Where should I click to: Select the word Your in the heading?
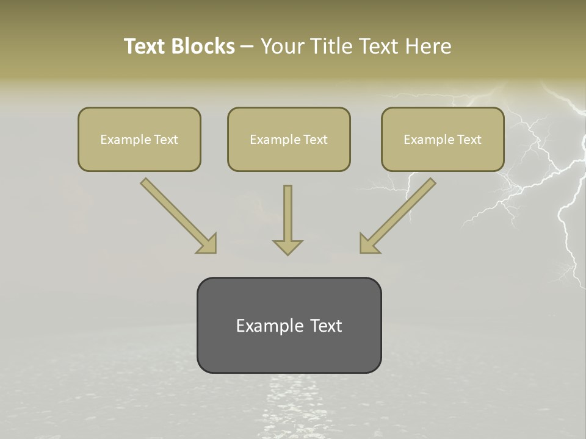coord(281,46)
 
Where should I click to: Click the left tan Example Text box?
coord(139,139)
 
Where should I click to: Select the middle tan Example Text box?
coord(289,139)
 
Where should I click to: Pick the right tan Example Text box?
coord(443,139)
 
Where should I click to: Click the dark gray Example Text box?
coord(289,325)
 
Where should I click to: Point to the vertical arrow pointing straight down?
coord(288,216)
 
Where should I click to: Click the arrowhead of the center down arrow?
coord(288,246)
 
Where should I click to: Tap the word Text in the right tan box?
coord(469,140)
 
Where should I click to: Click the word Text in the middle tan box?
coord(316,140)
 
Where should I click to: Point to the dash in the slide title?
coord(247,46)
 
